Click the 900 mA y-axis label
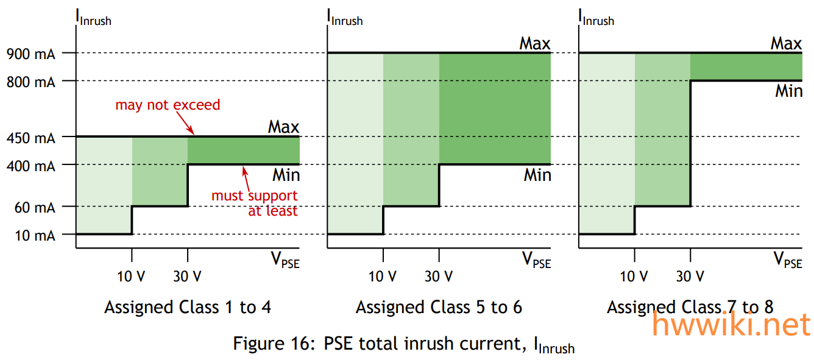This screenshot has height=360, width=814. click(x=30, y=54)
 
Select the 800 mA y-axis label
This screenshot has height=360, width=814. click(x=30, y=81)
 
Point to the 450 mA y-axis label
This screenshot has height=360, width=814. click(x=30, y=138)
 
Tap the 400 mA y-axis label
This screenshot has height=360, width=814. click(x=30, y=165)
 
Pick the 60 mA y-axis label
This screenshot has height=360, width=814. click(x=34, y=207)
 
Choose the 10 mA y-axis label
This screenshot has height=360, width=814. click(x=34, y=235)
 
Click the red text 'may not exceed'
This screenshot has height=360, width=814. click(x=168, y=105)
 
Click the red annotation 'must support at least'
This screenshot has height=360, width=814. click(x=255, y=203)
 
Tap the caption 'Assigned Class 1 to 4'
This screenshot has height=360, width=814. click(x=188, y=307)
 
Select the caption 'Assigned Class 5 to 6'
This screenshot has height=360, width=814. click(x=439, y=307)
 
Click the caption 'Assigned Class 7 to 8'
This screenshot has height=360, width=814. click(x=690, y=307)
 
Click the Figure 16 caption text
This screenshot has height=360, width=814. click(x=403, y=344)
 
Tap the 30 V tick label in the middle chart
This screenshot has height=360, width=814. click(x=439, y=277)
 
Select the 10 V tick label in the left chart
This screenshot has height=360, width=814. click(x=132, y=277)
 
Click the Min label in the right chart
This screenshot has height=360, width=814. click(x=788, y=91)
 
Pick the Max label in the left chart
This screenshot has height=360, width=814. click(x=283, y=127)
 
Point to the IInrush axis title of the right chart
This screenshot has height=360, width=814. click(x=596, y=17)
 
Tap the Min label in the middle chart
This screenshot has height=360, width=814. click(x=537, y=175)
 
